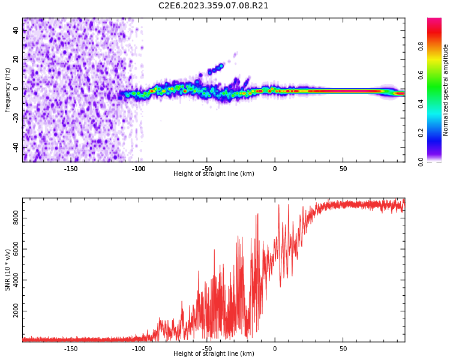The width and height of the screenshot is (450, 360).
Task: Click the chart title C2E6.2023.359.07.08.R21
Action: pos(214,6)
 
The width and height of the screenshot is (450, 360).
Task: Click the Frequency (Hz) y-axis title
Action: pos(8,90)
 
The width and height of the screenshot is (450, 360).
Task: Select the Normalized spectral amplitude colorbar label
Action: pos(446,90)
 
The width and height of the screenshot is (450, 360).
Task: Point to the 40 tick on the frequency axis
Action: pos(16,31)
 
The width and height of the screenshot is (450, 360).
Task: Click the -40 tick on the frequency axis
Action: pos(16,147)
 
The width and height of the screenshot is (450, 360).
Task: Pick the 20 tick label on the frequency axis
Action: pos(16,60)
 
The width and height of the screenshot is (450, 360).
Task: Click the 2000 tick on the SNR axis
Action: pos(16,312)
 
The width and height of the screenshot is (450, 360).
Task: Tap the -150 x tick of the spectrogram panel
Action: pos(71,169)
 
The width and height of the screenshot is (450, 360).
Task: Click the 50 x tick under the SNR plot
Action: pos(343,349)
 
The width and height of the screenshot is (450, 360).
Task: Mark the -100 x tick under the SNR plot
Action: pos(139,349)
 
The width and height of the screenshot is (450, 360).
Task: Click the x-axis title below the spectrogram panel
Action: pos(214,174)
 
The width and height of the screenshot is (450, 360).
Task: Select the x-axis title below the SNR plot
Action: pos(214,354)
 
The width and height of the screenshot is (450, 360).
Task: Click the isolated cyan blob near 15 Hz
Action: pos(221,66)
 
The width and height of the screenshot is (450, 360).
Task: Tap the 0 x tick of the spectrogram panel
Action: pos(275,169)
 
